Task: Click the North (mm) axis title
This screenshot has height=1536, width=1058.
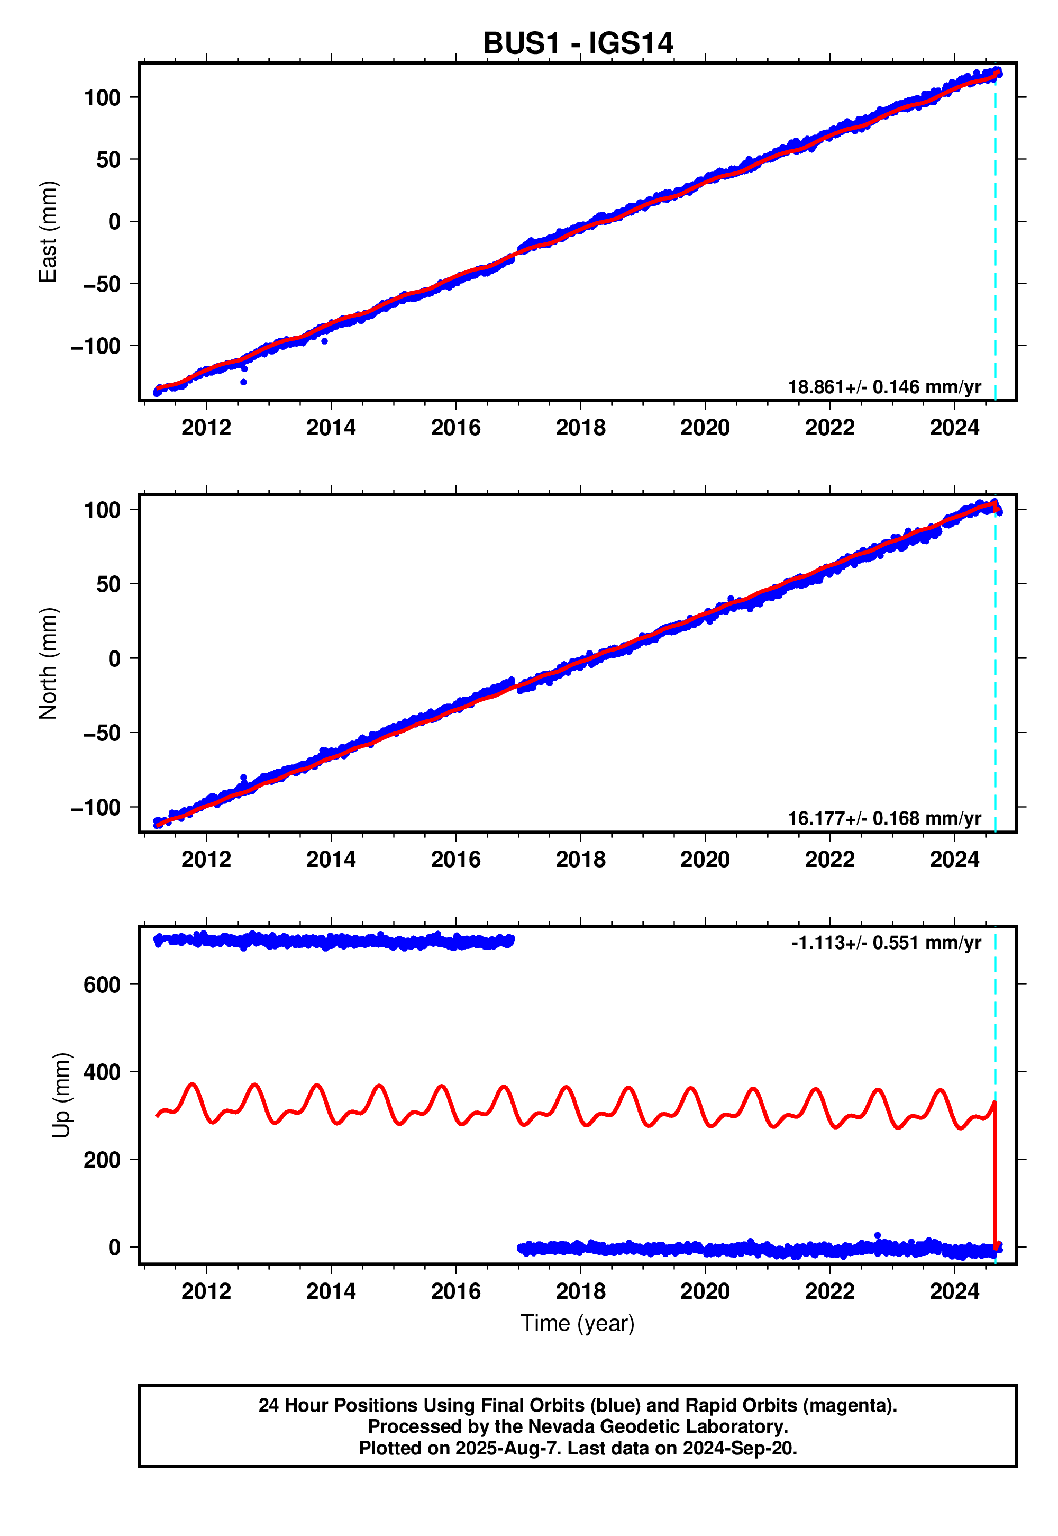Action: (x=48, y=663)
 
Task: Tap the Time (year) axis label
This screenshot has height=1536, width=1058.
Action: (x=577, y=1323)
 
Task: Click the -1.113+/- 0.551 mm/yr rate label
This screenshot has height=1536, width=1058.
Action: (x=886, y=943)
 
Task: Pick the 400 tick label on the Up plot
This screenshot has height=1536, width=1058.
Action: (x=102, y=1072)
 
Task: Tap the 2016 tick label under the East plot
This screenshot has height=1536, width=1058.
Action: (x=455, y=428)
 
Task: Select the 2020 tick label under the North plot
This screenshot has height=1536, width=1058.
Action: (x=705, y=860)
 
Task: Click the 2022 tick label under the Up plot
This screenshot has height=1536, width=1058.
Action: (x=829, y=1291)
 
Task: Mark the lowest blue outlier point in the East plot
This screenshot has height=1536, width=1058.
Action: (x=243, y=382)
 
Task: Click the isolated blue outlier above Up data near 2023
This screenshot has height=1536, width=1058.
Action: (x=877, y=1235)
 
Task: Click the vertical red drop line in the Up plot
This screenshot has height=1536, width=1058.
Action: (x=995, y=1180)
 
